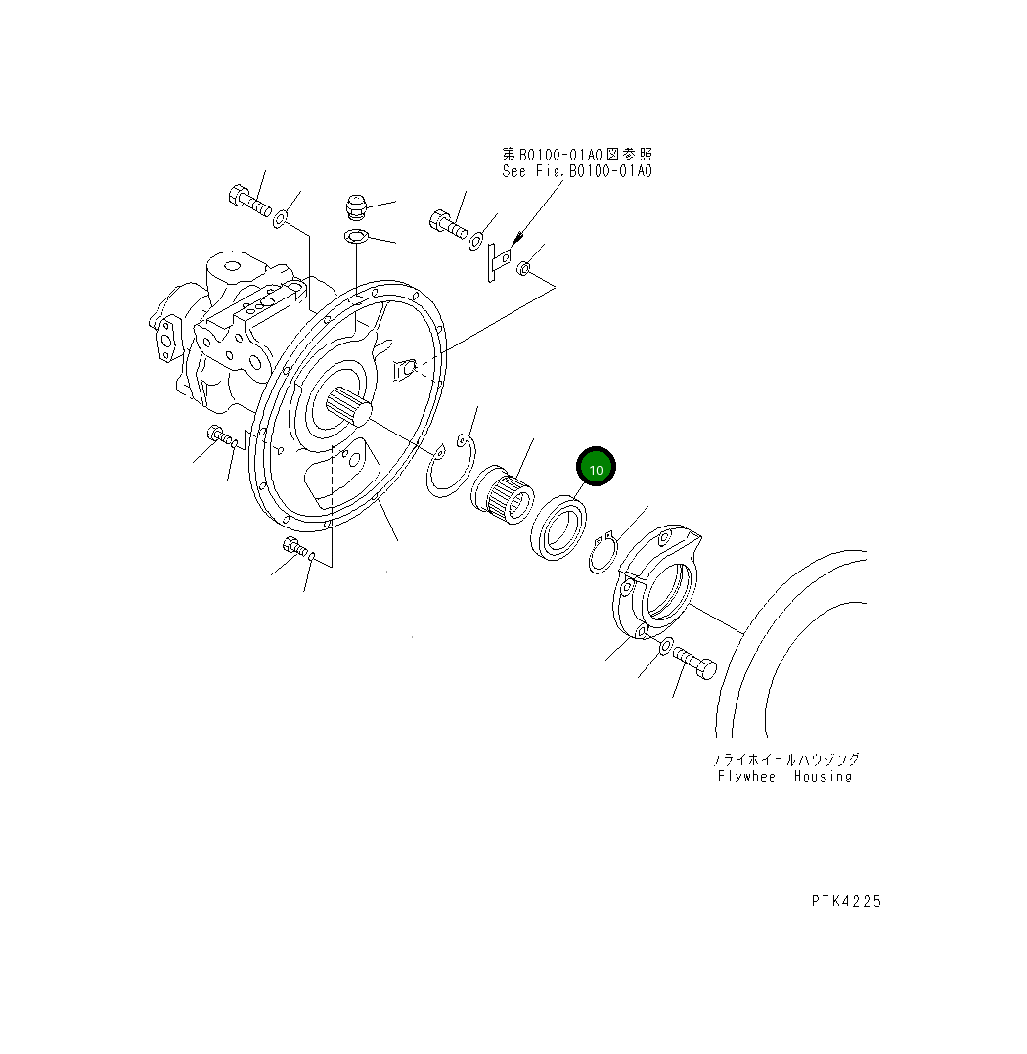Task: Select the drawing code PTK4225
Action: [845, 901]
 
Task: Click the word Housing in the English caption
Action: [823, 776]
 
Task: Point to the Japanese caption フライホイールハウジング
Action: [785, 759]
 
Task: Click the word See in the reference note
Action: [515, 171]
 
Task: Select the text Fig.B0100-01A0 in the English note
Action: [591, 171]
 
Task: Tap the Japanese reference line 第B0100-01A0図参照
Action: [577, 154]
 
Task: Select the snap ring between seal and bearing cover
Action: [602, 554]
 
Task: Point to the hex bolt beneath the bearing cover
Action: [695, 666]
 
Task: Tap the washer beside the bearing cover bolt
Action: [664, 647]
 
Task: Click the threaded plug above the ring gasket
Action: [354, 208]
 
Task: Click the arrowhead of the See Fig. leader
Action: [515, 241]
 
